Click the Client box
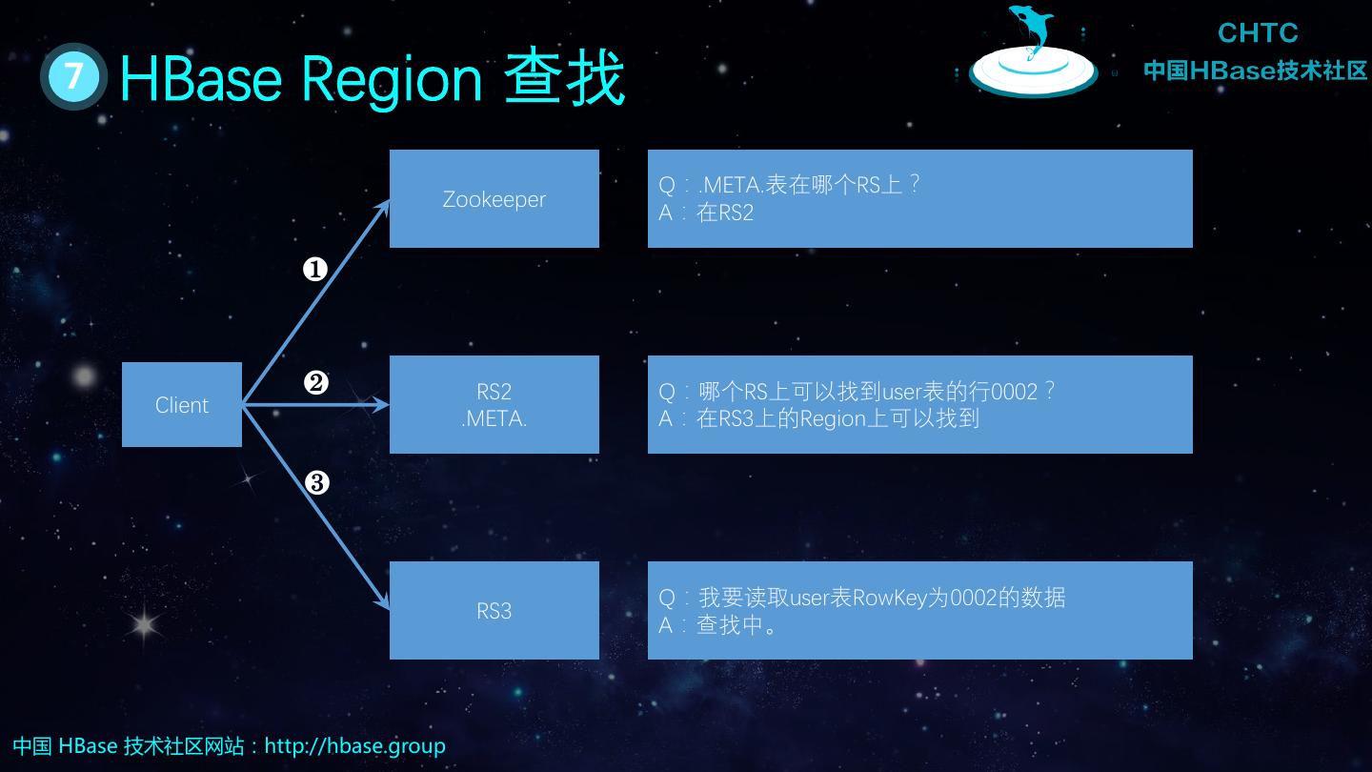pos(181,404)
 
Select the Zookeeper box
pos(494,198)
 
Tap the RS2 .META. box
pos(494,404)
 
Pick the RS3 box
pos(494,610)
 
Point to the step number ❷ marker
pos(316,383)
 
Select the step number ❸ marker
pos(317,483)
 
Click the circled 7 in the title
pos(72,76)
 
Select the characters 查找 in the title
pos(564,78)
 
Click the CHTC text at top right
pos(1258,33)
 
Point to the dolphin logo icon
pos(1033,52)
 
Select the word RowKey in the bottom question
pos(894,598)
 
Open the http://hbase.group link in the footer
pos(354,745)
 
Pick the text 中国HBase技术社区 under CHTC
pos(1256,71)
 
